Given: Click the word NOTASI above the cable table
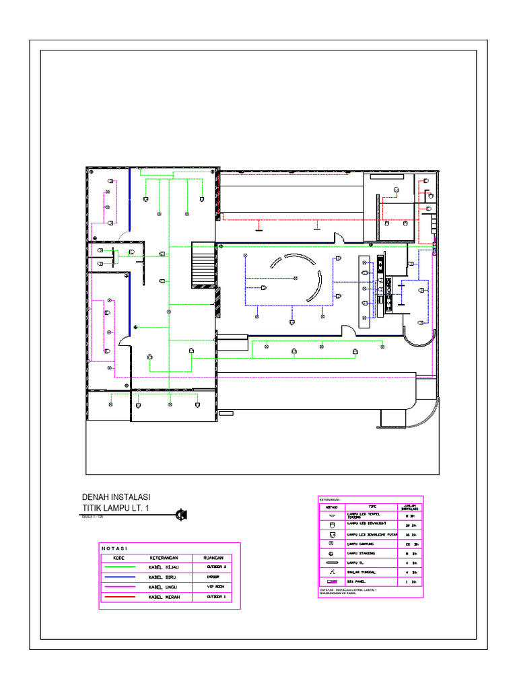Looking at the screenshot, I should (114, 548).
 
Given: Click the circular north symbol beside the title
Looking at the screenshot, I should (180, 515).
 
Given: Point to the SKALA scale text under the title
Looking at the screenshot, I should (93, 517).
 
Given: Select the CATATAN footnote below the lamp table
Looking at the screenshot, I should (347, 591).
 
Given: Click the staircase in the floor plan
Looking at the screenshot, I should (203, 265).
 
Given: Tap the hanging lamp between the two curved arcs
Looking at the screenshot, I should (295, 279).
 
